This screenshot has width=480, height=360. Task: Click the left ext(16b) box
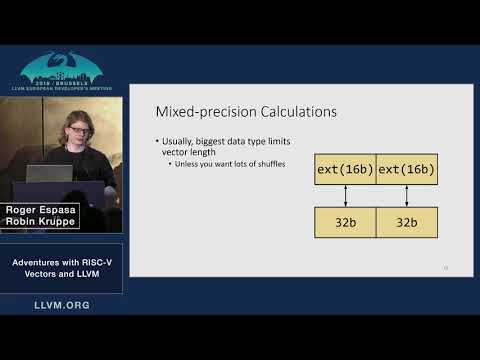(345, 169)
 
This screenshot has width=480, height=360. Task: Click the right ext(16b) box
(407, 169)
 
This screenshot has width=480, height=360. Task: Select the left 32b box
(345, 222)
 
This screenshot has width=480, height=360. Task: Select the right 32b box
(407, 222)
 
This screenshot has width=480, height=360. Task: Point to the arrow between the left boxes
(345, 195)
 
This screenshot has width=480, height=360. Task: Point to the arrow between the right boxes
(407, 195)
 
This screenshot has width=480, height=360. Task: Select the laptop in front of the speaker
(49, 173)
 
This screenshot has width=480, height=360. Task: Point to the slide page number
(445, 267)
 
